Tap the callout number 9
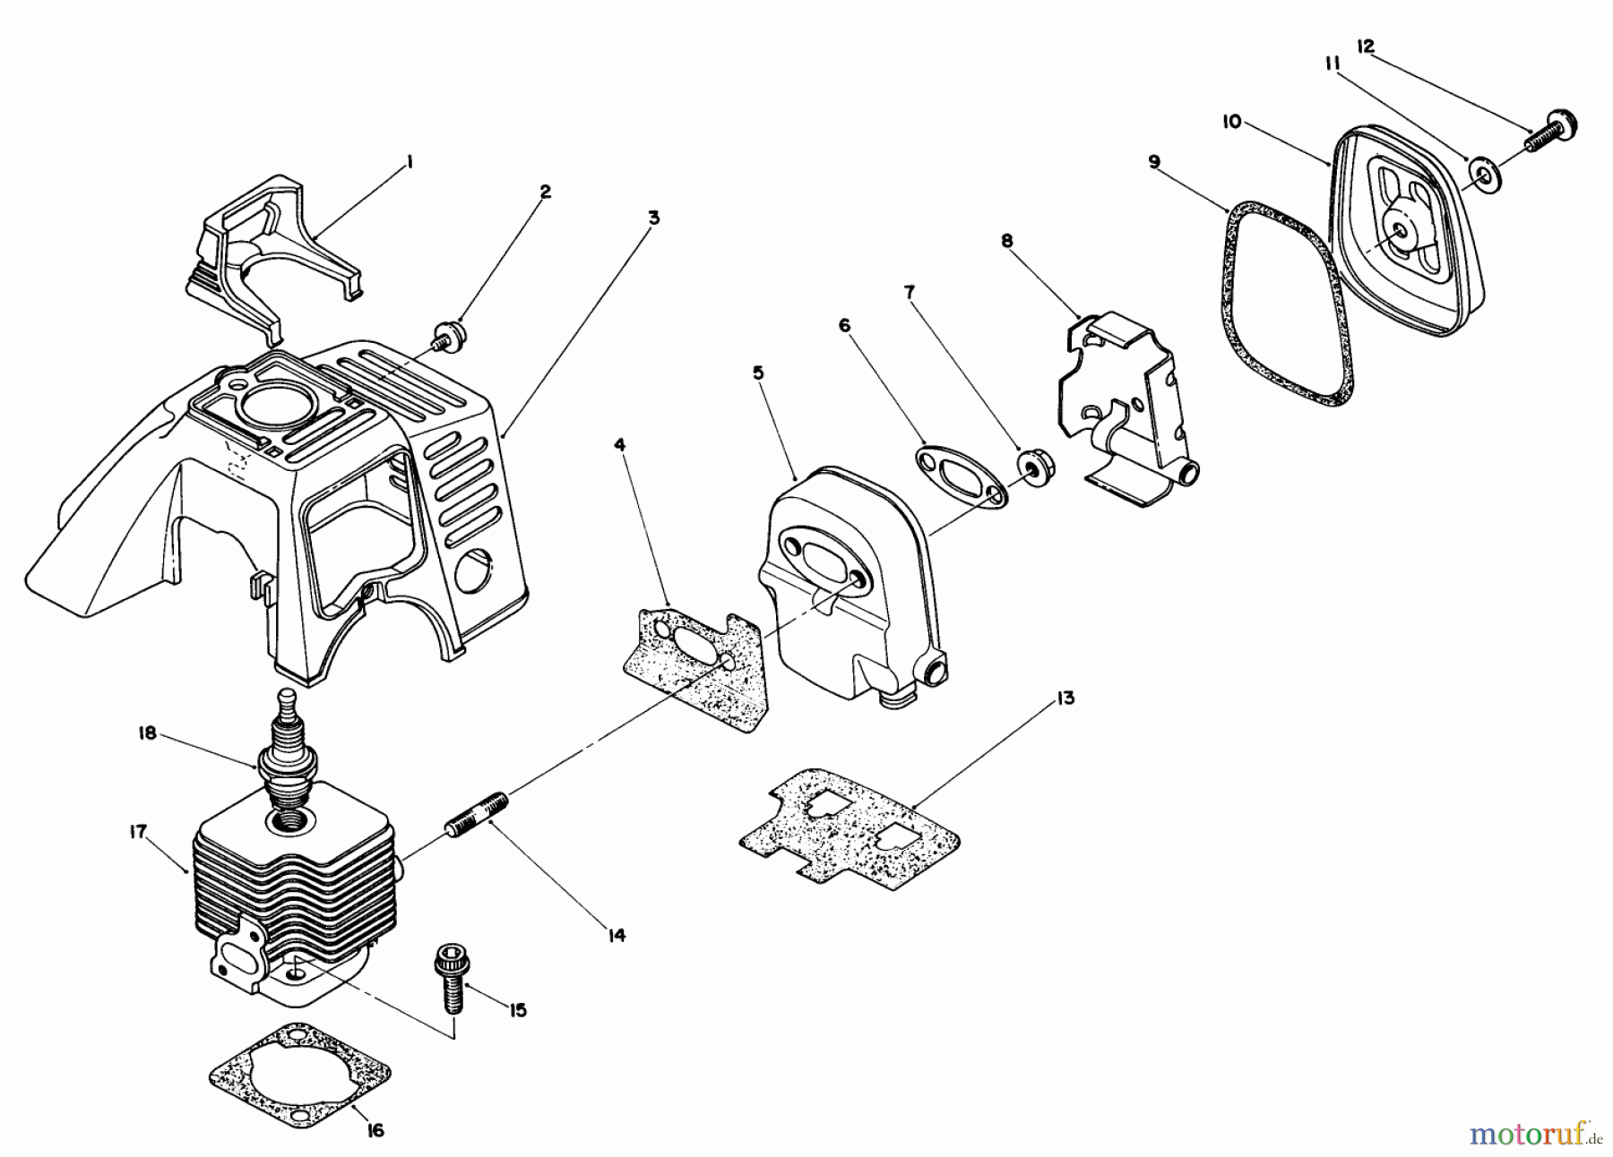pyautogui.click(x=1153, y=161)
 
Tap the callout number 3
pyautogui.click(x=654, y=218)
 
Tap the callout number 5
pyautogui.click(x=758, y=372)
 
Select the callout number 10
pyautogui.click(x=1232, y=122)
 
